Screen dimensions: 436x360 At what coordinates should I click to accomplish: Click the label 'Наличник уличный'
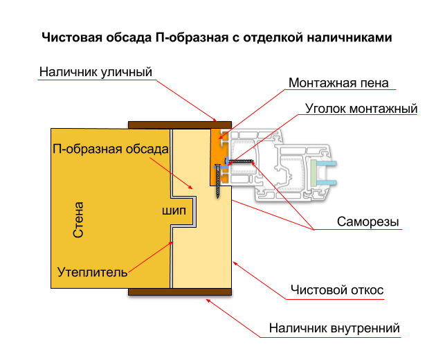coord(96,72)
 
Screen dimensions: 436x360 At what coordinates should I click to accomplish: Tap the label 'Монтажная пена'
coord(338,83)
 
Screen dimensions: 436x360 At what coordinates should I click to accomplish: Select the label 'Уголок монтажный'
coord(361,109)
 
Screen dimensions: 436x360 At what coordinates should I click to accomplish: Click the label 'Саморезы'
coord(368,222)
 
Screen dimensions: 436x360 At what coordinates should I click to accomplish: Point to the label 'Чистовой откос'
coord(337,290)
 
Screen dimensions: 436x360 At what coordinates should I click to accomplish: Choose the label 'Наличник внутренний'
coord(334,328)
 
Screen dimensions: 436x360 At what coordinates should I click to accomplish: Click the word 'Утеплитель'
coord(92,272)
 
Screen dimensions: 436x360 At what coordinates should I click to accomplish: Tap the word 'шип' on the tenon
coord(174,211)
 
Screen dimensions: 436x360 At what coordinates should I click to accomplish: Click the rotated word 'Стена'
coord(78,219)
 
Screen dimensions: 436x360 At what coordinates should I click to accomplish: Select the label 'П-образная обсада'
coord(111,149)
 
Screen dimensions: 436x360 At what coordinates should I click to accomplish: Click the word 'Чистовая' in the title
coord(72,37)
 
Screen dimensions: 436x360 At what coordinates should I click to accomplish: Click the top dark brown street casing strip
coord(180,125)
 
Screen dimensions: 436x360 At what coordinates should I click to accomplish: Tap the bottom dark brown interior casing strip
coord(180,291)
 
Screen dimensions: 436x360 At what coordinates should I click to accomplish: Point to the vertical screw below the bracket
coord(218,181)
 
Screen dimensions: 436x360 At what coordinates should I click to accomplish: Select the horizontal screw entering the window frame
coord(241,161)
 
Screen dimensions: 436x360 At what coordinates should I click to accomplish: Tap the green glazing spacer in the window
coord(314,173)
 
